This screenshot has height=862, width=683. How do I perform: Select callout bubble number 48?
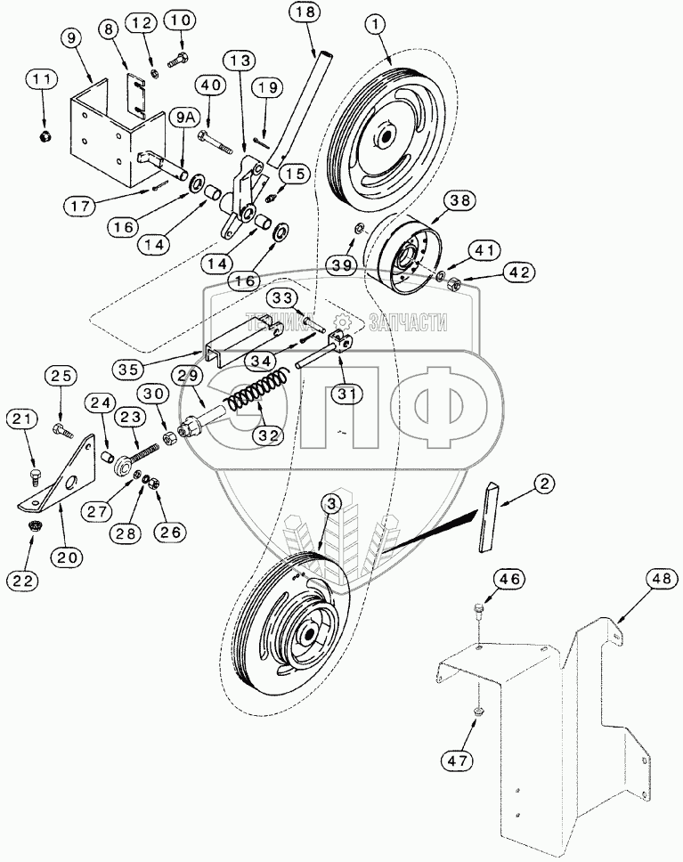click(660, 579)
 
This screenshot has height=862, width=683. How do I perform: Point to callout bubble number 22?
click(23, 581)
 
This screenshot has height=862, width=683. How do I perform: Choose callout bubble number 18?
click(305, 12)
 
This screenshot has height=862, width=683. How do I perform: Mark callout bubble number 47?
click(457, 760)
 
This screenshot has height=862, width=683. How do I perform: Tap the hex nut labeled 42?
click(455, 284)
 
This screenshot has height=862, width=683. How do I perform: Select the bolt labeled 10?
click(177, 58)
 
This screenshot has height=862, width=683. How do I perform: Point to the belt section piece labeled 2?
click(489, 516)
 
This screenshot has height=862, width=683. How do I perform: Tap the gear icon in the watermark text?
click(343, 321)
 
